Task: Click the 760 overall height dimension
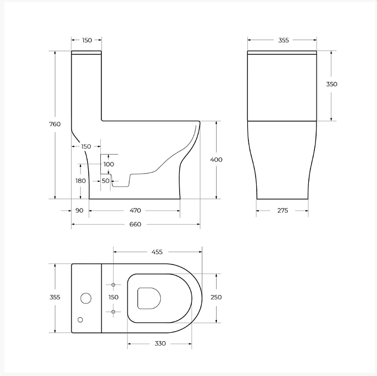click(x=55, y=124)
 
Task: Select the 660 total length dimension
click(x=135, y=224)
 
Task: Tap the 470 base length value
click(x=135, y=211)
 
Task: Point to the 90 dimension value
click(x=79, y=211)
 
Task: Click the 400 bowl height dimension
click(x=216, y=160)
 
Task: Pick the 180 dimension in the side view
click(x=80, y=181)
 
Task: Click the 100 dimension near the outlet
click(x=109, y=164)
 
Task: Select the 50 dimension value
click(x=105, y=181)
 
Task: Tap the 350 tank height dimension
click(x=332, y=84)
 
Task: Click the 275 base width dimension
click(x=283, y=211)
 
